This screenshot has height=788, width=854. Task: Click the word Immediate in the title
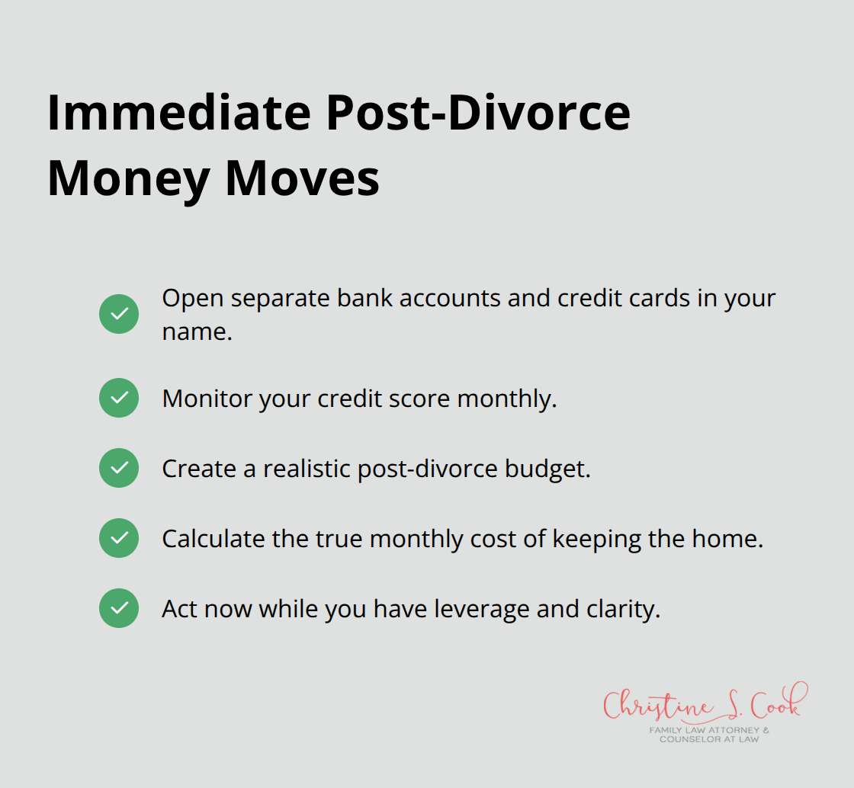pos(179,114)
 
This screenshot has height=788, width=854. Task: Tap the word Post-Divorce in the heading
pos(478,114)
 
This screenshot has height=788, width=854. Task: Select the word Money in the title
pos(128,179)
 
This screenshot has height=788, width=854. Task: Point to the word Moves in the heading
pos(302,179)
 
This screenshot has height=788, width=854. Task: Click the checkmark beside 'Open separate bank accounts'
pos(119,314)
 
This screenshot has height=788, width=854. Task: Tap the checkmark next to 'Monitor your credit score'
pos(119,398)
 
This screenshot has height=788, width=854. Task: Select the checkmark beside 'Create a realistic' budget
pos(119,468)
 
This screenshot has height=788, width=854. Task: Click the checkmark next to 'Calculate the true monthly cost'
pos(119,538)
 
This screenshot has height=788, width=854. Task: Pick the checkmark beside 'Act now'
pos(119,608)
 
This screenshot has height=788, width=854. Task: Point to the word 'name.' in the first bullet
pos(197,332)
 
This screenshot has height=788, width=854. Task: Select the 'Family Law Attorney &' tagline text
pos(709,730)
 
